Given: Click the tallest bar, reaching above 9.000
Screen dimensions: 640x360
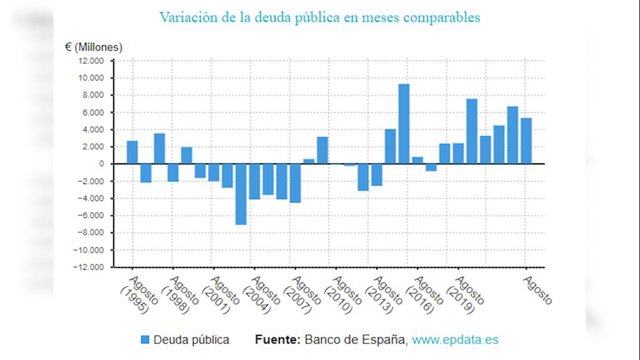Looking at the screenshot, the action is (x=404, y=124).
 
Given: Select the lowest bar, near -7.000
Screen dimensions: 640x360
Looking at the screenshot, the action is (x=241, y=194).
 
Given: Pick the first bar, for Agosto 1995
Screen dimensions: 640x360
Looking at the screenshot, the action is (x=132, y=152).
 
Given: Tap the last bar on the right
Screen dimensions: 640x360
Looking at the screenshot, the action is (x=526, y=141).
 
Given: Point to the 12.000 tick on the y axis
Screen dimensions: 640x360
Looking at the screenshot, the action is (x=91, y=61).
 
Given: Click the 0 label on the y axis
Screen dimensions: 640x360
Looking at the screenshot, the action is (x=101, y=164).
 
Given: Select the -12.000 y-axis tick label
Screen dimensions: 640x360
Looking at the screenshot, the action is (x=89, y=267).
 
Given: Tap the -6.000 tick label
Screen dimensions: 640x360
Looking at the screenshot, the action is (x=91, y=216).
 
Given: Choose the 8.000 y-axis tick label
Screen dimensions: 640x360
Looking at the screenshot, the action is (x=93, y=95).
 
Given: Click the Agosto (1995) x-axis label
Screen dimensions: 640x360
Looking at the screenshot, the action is (x=139, y=295).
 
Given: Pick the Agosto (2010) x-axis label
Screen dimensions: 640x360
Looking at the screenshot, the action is (x=343, y=295).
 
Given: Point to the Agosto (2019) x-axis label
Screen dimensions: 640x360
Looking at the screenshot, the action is (x=465, y=295).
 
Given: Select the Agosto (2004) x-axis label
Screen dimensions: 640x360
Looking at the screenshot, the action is (x=261, y=295).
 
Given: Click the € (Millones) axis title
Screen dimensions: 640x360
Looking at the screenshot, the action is (x=93, y=47).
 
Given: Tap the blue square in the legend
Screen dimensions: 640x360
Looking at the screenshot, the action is (x=145, y=340).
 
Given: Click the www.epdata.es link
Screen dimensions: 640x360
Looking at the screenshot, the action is (x=455, y=340).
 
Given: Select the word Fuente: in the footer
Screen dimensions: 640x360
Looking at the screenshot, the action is (x=278, y=340).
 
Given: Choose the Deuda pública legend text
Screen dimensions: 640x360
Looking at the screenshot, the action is (x=191, y=340).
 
